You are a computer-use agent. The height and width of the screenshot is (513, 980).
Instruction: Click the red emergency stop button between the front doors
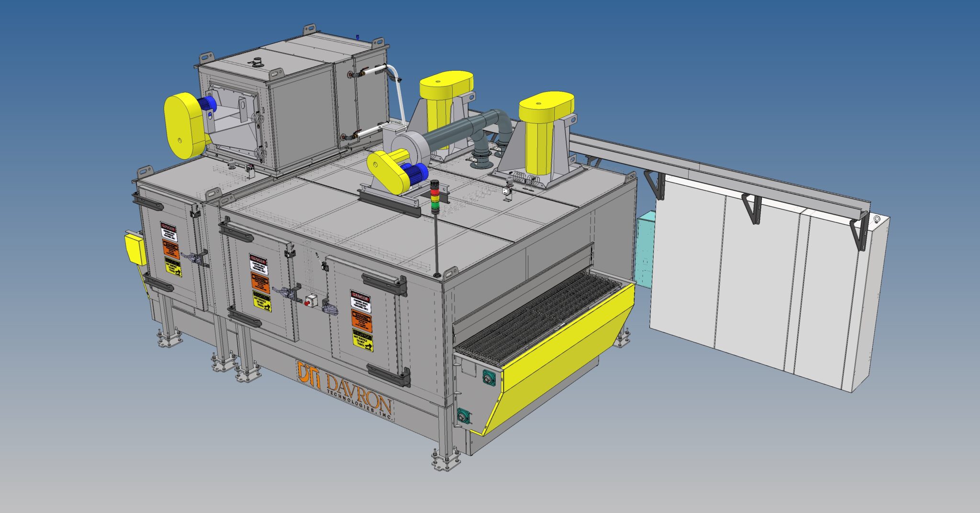click(x=307, y=302)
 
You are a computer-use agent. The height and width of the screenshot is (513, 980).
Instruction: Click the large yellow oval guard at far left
click(x=183, y=125)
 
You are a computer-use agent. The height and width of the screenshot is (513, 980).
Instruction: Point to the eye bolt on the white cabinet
click(x=877, y=220)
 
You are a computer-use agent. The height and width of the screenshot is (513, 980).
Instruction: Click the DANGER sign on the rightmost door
click(x=360, y=300)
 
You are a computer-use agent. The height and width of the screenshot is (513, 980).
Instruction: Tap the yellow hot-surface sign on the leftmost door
click(x=173, y=267)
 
